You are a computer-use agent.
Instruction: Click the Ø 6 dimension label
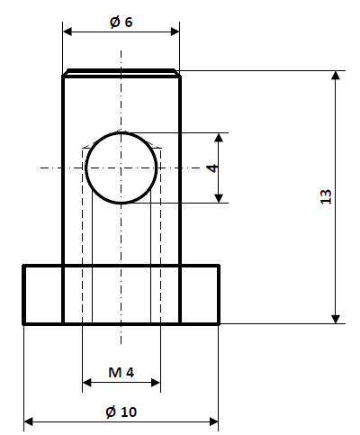(x=121, y=23)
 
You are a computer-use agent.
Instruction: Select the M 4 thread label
(x=121, y=372)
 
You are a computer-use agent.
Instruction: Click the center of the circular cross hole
(x=121, y=168)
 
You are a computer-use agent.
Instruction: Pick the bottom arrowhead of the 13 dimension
(x=336, y=316)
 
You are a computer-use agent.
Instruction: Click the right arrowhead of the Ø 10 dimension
(x=213, y=421)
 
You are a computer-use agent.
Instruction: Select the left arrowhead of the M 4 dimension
(x=87, y=383)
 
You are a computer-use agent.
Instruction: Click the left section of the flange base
(x=42, y=295)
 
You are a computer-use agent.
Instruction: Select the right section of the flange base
(x=200, y=295)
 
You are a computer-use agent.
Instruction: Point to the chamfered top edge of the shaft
(x=121, y=72)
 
